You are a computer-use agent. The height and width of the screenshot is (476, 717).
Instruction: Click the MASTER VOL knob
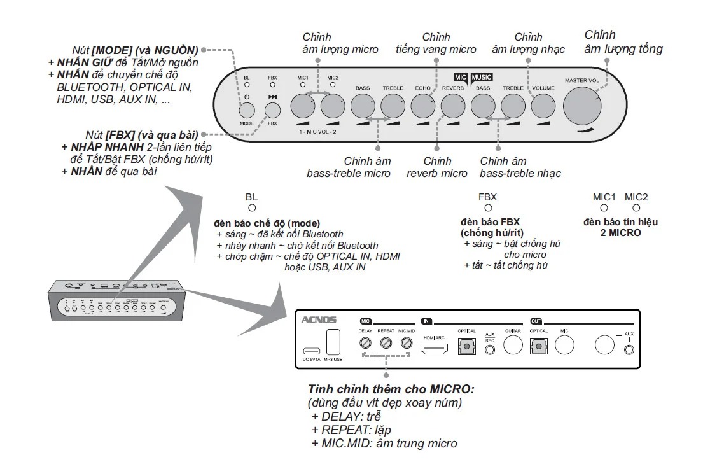click(x=581, y=104)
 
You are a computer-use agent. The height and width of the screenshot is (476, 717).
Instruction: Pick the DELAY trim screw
click(x=365, y=343)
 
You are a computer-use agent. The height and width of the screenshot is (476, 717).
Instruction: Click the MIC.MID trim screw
click(x=407, y=343)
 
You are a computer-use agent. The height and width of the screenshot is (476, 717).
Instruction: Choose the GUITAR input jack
click(x=513, y=345)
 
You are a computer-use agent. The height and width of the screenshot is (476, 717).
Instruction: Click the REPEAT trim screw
click(x=386, y=343)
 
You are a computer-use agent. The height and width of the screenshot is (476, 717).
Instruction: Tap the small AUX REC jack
click(x=489, y=351)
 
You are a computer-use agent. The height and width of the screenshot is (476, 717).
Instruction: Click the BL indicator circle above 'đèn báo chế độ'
click(x=252, y=208)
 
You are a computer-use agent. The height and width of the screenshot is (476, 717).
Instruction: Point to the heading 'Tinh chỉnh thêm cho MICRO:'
click(x=391, y=389)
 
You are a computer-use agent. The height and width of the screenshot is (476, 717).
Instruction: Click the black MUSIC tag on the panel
click(x=482, y=77)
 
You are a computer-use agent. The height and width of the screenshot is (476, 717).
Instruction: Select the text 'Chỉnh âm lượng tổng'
click(x=623, y=42)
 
